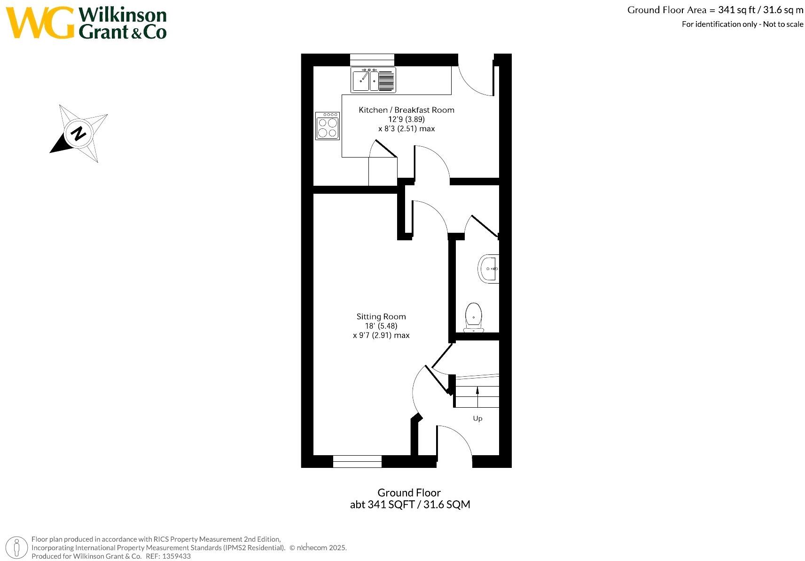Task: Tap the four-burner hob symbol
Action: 327,126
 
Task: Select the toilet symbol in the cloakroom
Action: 473,316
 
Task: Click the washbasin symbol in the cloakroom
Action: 489,269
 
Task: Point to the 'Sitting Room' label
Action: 381,316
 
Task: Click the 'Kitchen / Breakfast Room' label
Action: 406,110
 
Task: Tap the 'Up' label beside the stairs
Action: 477,418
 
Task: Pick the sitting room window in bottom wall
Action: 357,461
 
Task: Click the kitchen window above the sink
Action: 372,60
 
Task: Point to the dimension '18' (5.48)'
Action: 381,326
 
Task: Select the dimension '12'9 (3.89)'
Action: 406,119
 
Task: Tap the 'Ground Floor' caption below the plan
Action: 409,492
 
